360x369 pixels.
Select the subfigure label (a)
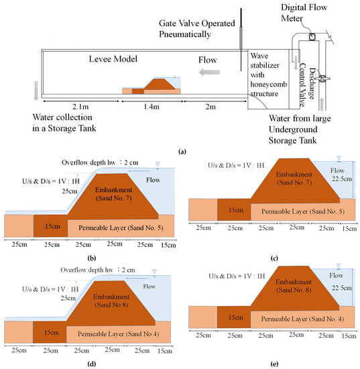180,152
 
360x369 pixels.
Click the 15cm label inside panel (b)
51,225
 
